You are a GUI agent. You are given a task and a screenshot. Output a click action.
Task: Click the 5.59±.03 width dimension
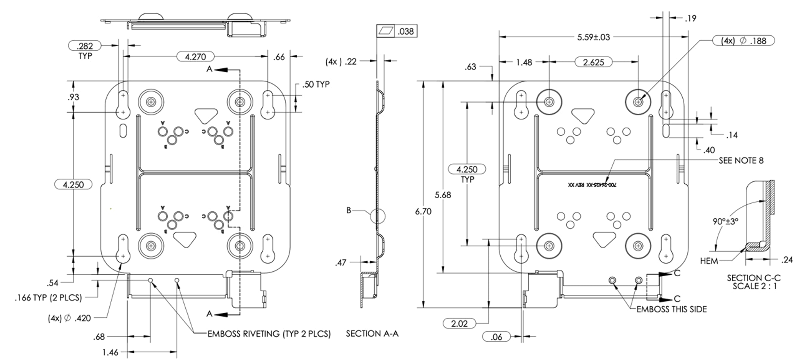click(593, 37)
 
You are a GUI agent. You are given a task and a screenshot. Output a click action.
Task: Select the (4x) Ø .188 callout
click(743, 41)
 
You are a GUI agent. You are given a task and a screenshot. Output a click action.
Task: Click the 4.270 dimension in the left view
click(195, 56)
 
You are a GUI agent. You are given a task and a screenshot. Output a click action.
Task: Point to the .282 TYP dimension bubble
click(85, 46)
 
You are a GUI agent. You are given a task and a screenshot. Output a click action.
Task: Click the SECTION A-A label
click(372, 334)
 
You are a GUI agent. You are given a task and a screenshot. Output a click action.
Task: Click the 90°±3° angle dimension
click(725, 221)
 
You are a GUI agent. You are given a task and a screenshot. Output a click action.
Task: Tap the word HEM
click(709, 261)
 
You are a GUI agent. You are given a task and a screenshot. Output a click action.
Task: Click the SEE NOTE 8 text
click(740, 160)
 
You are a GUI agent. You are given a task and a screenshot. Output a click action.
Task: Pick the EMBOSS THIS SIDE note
click(671, 309)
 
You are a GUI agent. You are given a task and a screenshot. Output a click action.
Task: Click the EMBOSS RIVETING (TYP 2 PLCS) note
click(269, 334)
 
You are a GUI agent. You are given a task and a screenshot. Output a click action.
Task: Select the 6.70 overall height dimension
click(423, 211)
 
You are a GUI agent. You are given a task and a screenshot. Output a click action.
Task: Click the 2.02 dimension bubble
click(459, 323)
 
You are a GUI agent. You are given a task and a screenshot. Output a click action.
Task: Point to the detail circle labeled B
click(378, 216)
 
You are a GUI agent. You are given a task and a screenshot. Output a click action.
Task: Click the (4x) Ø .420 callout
click(69, 318)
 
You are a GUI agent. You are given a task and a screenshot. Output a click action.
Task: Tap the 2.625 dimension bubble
click(593, 62)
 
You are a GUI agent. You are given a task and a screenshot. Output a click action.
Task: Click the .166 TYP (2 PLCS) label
click(48, 298)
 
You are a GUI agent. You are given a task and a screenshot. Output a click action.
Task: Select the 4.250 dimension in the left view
click(73, 184)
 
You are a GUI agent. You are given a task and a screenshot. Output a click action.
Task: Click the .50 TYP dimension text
click(316, 85)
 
